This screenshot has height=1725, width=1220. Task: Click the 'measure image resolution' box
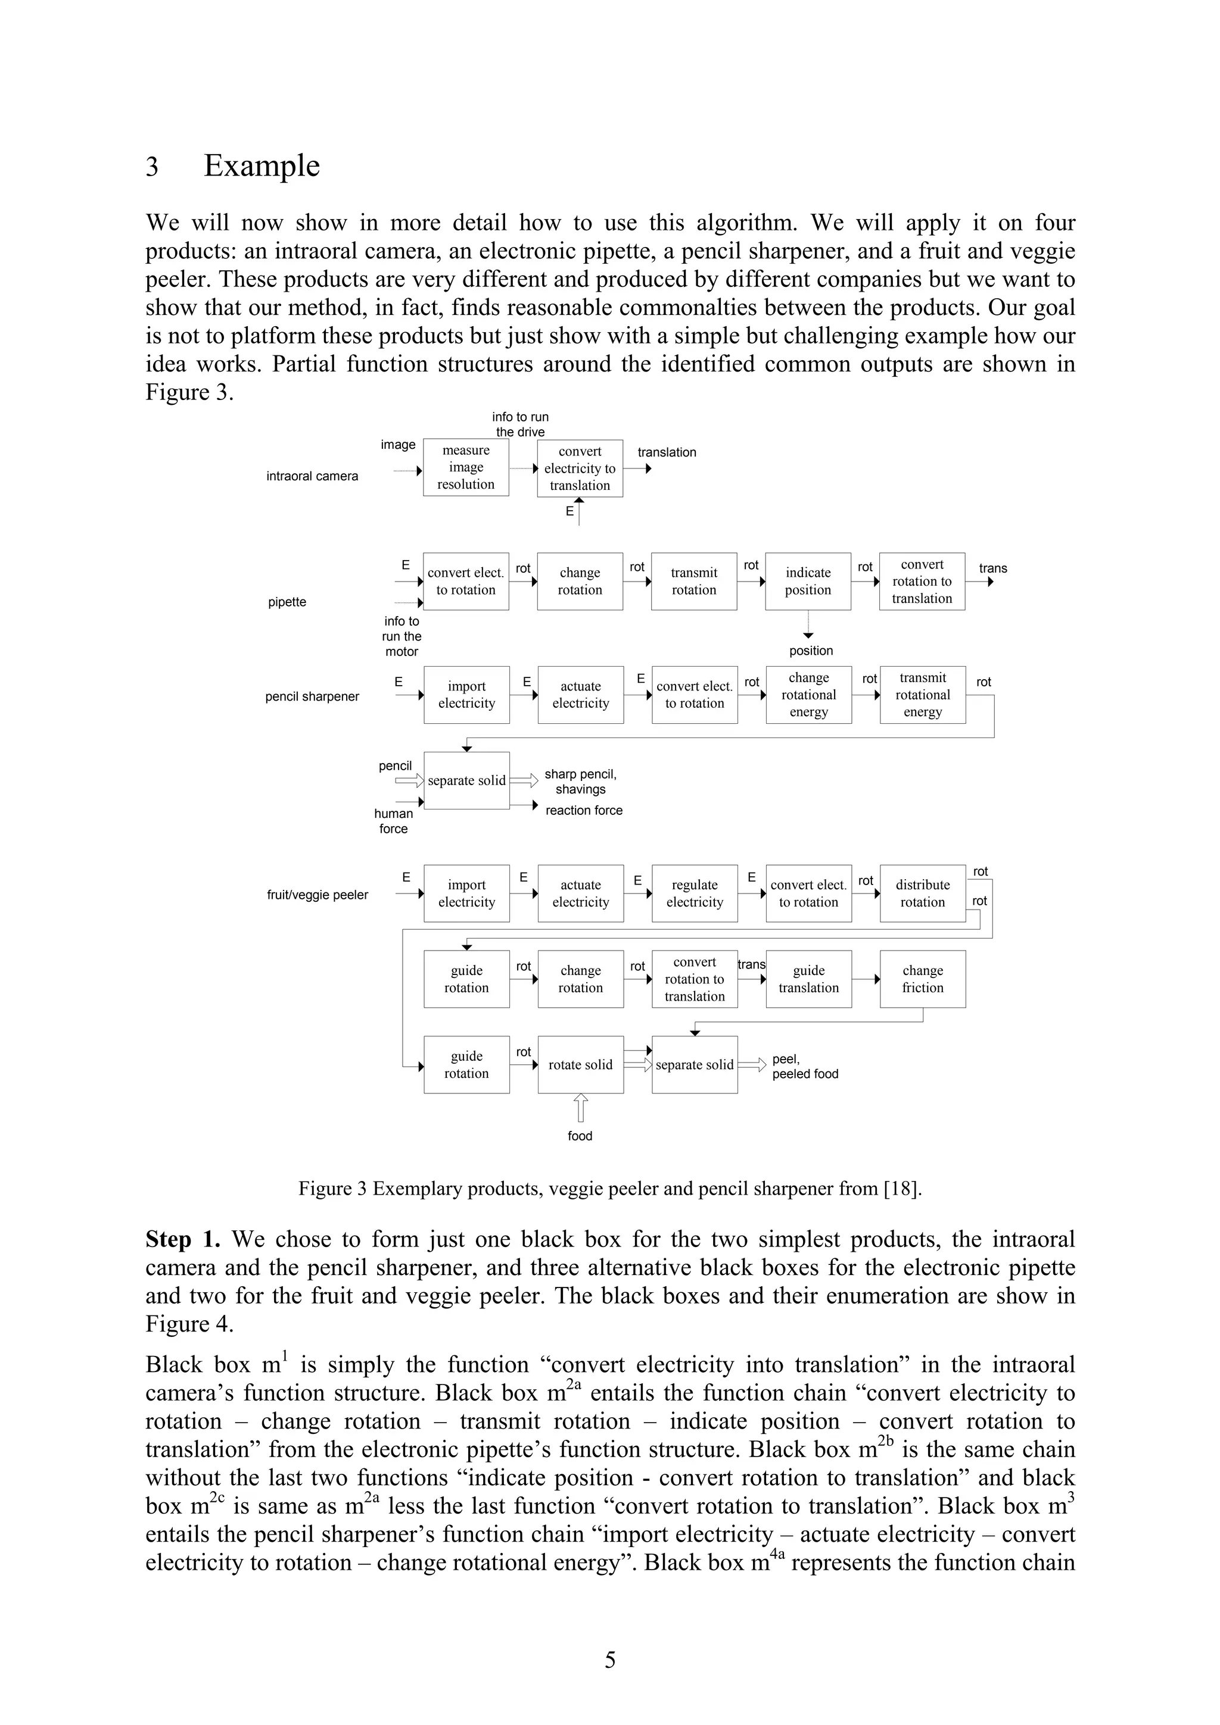[x=465, y=467]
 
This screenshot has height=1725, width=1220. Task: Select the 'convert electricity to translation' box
[x=580, y=468]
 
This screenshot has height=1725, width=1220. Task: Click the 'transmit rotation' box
[x=694, y=581]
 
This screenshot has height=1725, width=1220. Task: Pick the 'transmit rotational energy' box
[x=922, y=694]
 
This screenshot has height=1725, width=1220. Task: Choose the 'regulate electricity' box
[x=694, y=893]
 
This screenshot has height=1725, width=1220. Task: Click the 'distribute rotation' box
[x=922, y=893]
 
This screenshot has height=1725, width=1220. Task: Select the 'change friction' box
[x=922, y=979]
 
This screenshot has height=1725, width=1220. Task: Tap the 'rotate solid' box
[x=580, y=1065]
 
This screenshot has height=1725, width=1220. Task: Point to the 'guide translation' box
[x=808, y=979]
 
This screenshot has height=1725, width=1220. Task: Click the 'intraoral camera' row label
[x=312, y=476]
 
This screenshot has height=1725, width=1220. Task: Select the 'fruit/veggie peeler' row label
[x=318, y=895]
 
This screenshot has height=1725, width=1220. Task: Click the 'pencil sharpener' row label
[x=312, y=696]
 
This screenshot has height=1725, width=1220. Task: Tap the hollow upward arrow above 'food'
[x=580, y=1107]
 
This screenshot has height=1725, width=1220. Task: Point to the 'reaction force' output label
[x=583, y=810]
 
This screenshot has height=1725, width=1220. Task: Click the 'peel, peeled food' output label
[x=804, y=1066]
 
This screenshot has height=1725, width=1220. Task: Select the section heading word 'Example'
[x=262, y=166]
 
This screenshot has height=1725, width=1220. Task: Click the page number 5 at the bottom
[x=609, y=1660]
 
